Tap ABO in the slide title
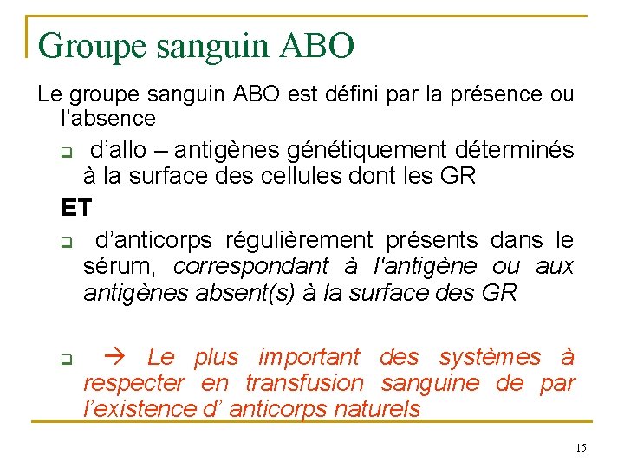[x=318, y=46]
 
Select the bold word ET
[x=75, y=208]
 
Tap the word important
[x=309, y=356]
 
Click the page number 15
[x=581, y=447]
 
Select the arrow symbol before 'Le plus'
[x=115, y=356]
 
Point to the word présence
[x=471, y=94]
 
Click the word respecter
[x=134, y=382]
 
